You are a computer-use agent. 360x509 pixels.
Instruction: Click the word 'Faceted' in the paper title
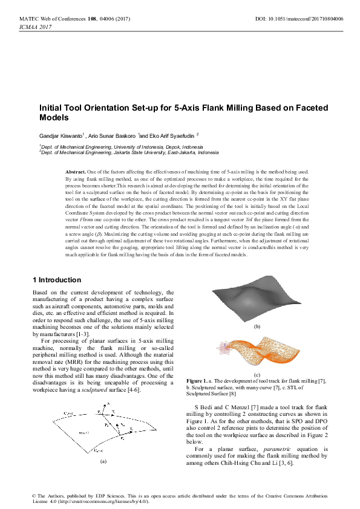click(x=306, y=108)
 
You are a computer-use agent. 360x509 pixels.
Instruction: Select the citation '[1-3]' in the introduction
click(x=82, y=334)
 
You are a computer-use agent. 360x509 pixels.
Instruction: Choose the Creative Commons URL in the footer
click(x=100, y=501)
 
